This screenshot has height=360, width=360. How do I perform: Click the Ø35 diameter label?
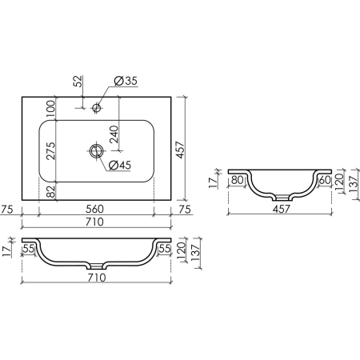(x=126, y=81)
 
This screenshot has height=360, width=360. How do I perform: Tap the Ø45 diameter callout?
(x=120, y=165)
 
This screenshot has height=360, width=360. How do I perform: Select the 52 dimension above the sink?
(x=78, y=82)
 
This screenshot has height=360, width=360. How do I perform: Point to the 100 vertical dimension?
(x=50, y=109)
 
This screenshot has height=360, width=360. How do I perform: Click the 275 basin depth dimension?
(x=50, y=151)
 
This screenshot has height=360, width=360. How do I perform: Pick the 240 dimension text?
(x=114, y=134)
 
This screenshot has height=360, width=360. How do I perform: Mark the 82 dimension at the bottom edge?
(x=50, y=191)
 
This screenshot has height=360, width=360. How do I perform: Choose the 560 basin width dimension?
(x=94, y=209)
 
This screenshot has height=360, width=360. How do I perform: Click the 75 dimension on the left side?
(x=7, y=209)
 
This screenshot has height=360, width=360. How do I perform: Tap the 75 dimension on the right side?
(x=185, y=210)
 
